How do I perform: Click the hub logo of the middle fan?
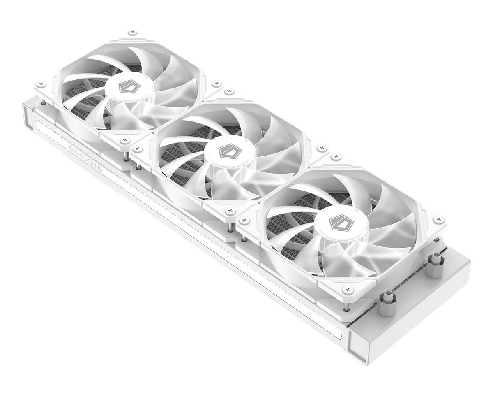click(226, 151)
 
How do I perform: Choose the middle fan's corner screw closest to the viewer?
click(229, 211)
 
